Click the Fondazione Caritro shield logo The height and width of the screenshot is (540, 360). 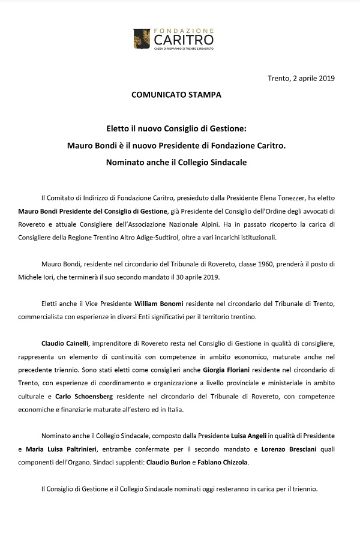(142, 38)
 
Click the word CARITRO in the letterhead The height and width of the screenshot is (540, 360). (184, 40)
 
